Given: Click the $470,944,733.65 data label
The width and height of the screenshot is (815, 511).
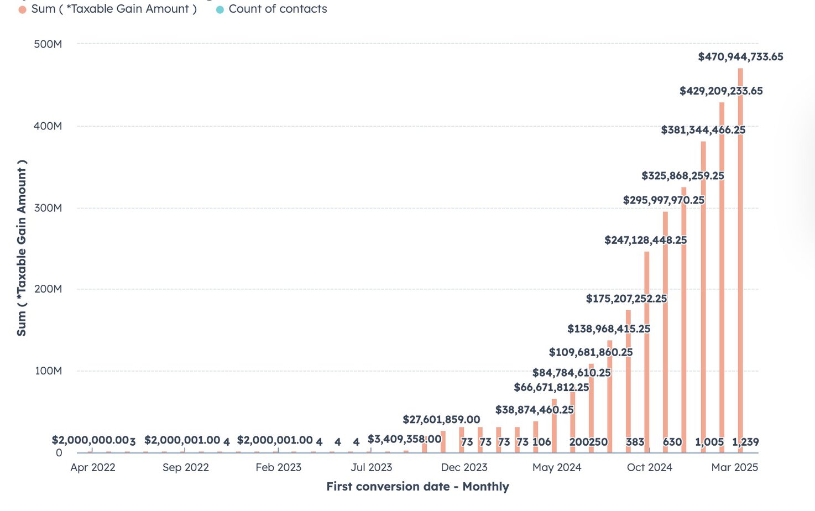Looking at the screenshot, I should tap(740, 57).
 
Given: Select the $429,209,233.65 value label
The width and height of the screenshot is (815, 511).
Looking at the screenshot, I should tap(721, 91).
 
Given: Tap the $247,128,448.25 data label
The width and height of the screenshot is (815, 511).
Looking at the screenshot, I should tap(645, 241).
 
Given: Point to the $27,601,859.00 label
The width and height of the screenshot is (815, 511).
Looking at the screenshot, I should tap(441, 420).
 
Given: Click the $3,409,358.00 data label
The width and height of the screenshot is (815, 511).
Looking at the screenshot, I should tap(404, 440).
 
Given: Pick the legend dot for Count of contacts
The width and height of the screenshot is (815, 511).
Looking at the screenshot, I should tap(220, 9).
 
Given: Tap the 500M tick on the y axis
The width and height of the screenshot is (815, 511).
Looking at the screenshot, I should tap(48, 44).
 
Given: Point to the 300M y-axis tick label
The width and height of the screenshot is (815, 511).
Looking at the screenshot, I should tap(48, 208).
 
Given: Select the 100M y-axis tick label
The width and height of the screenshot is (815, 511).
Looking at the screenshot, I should tap(48, 371).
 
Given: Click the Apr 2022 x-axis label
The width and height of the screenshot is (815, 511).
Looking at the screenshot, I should tap(93, 467).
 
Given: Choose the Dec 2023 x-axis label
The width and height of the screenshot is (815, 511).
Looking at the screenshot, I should tap(464, 467).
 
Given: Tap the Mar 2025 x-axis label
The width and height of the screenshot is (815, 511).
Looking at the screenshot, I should tap(734, 467).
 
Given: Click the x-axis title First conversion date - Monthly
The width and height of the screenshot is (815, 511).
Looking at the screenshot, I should tap(417, 487).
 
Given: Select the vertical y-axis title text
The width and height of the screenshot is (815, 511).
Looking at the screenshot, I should tap(22, 248).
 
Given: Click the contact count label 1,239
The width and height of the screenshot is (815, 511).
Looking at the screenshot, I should tap(745, 442).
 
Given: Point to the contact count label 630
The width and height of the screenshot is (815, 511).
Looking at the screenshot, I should tap(672, 442).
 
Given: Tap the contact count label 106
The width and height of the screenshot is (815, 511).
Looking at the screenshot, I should tap(542, 442).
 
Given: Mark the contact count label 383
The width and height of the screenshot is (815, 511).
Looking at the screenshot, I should tap(635, 442).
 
